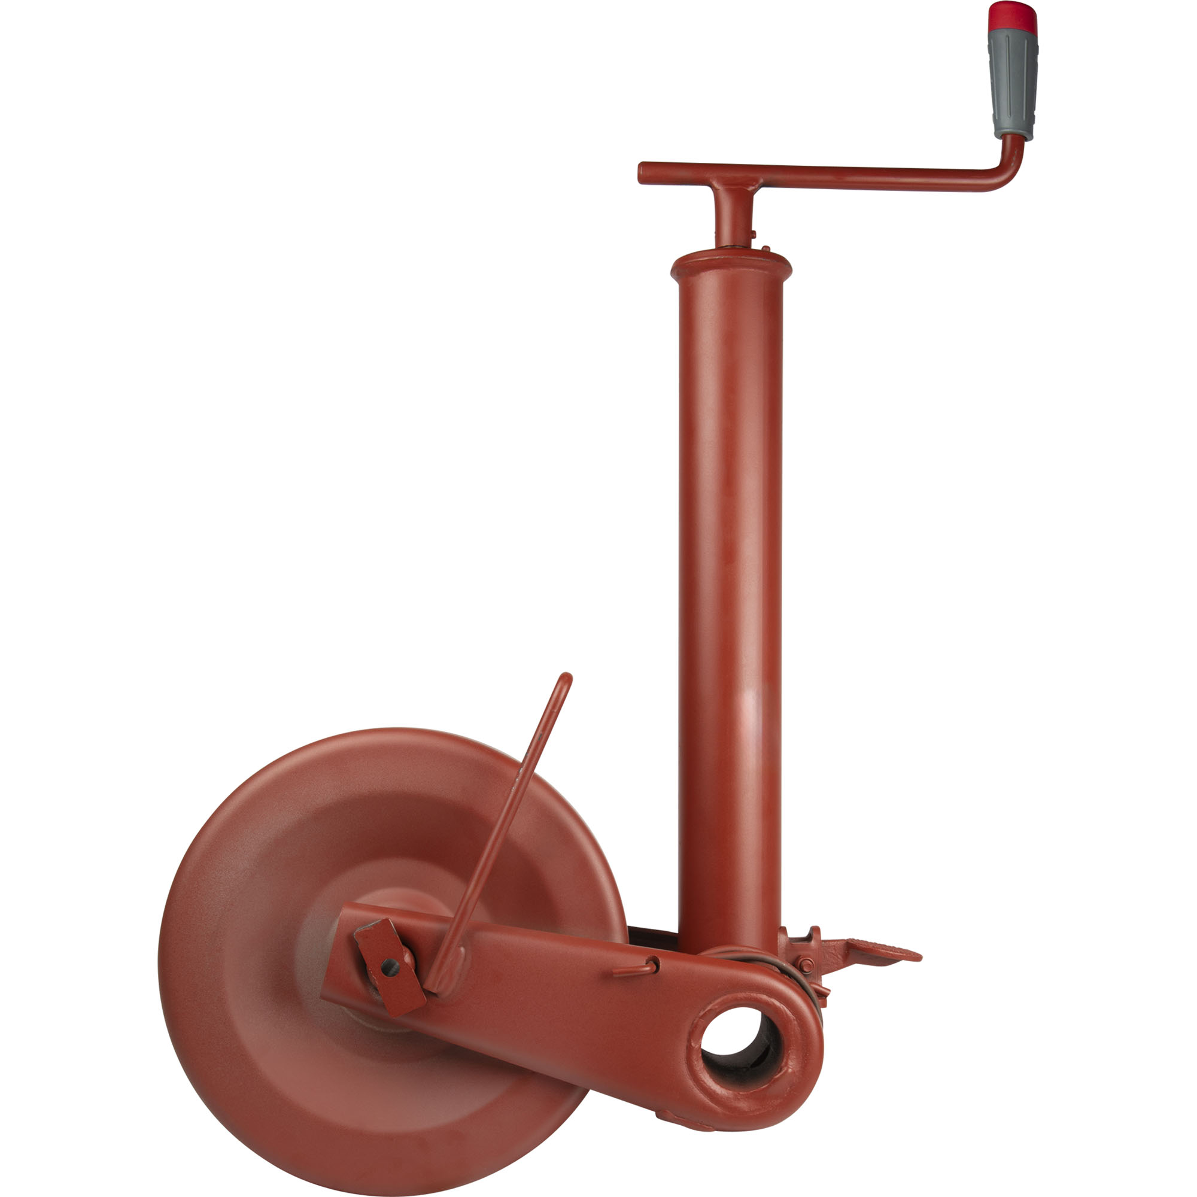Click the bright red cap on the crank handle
1013,17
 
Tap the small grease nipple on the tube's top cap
766,249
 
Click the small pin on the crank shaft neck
752,234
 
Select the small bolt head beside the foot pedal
806,965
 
